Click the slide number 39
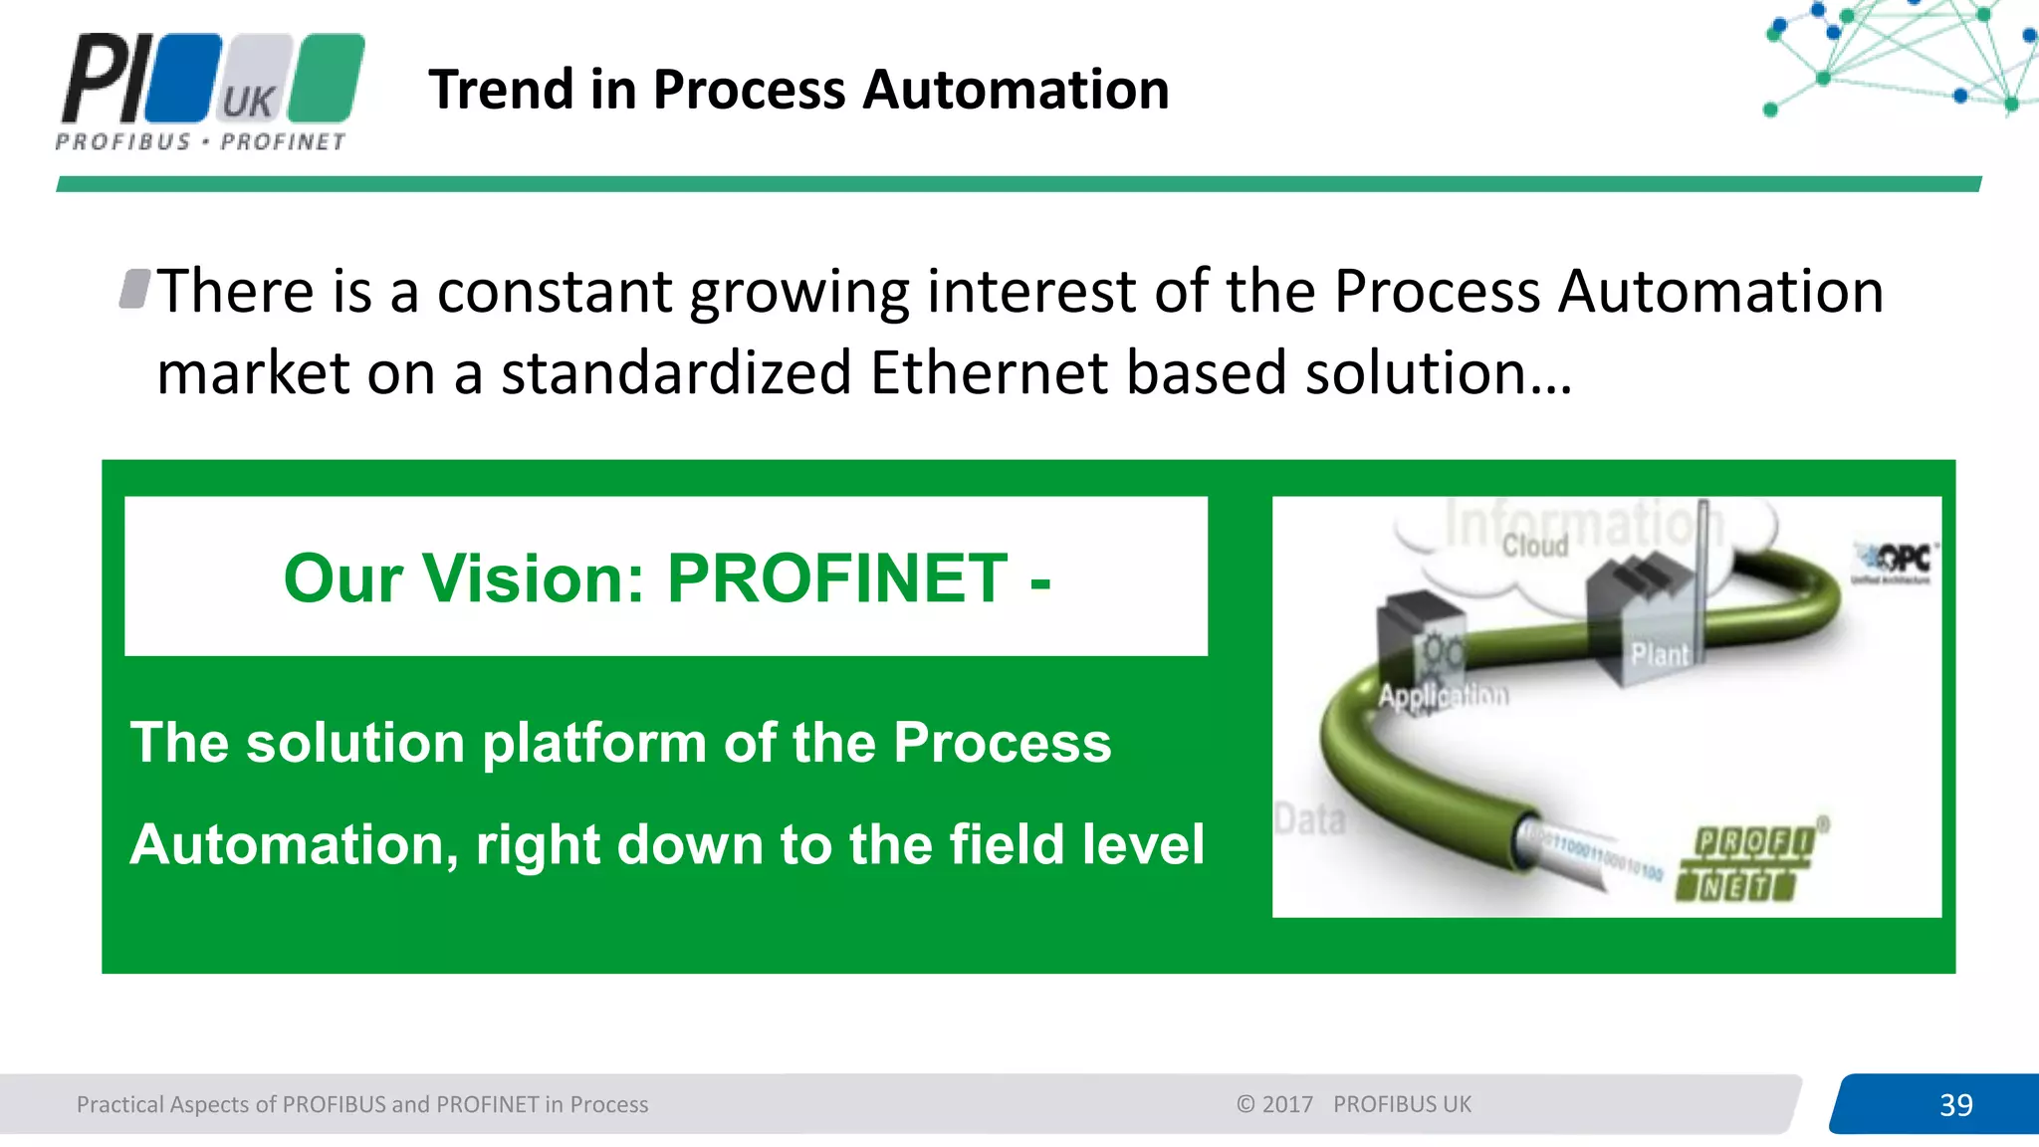[x=1955, y=1104]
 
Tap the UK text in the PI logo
[x=247, y=102]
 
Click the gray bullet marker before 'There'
[x=134, y=289]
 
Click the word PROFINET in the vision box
[x=836, y=578]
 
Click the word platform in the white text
[x=594, y=743]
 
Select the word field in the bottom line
[x=1007, y=844]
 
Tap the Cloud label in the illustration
[x=1534, y=546]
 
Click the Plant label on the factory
[x=1659, y=655]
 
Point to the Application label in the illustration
[x=1442, y=695]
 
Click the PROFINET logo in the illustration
[x=1747, y=863]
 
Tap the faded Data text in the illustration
[x=1310, y=819]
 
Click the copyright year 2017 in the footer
[x=1287, y=1104]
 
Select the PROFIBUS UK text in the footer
[x=1401, y=1104]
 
